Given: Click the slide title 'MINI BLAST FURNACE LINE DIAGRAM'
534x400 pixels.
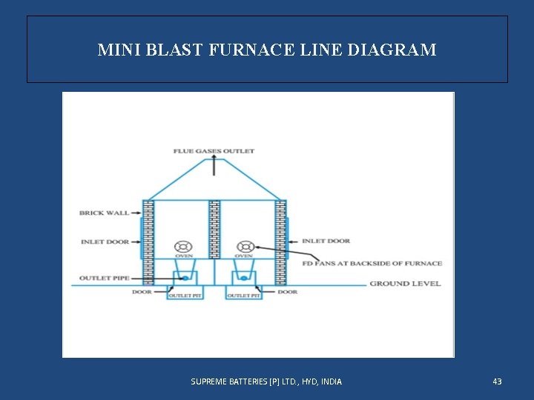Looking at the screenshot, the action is pos(267,50).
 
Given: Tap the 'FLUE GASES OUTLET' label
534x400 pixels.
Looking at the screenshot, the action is pos(214,151).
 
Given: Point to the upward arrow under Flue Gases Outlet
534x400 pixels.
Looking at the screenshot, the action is pos(214,165).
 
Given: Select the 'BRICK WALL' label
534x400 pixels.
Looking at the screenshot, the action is pos(104,213).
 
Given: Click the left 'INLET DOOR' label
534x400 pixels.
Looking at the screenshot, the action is pos(105,241).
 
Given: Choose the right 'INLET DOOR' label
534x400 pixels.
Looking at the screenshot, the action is pos(326,241).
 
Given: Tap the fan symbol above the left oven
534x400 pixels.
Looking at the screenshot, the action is pos(183,247).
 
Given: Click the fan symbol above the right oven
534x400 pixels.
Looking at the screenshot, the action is pos(245,247).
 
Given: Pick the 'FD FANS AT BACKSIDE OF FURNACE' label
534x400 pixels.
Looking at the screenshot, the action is pos(372,263).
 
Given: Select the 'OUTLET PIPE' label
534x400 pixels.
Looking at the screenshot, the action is pos(104,279).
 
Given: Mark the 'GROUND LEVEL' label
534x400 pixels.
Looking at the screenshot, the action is pos(405,283).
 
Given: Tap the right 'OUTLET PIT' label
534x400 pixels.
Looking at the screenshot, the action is pos(243,296).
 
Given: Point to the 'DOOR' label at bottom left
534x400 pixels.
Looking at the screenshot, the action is pos(142,292).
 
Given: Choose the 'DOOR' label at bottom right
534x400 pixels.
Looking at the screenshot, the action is pos(288,292).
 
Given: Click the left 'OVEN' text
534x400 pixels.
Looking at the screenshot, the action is pos(183,256).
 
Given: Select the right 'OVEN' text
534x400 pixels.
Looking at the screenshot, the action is pos(244,256).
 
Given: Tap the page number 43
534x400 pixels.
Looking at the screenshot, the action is pos(497,381).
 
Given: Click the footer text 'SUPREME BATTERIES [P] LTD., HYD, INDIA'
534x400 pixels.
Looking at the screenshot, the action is pos(266,381).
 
